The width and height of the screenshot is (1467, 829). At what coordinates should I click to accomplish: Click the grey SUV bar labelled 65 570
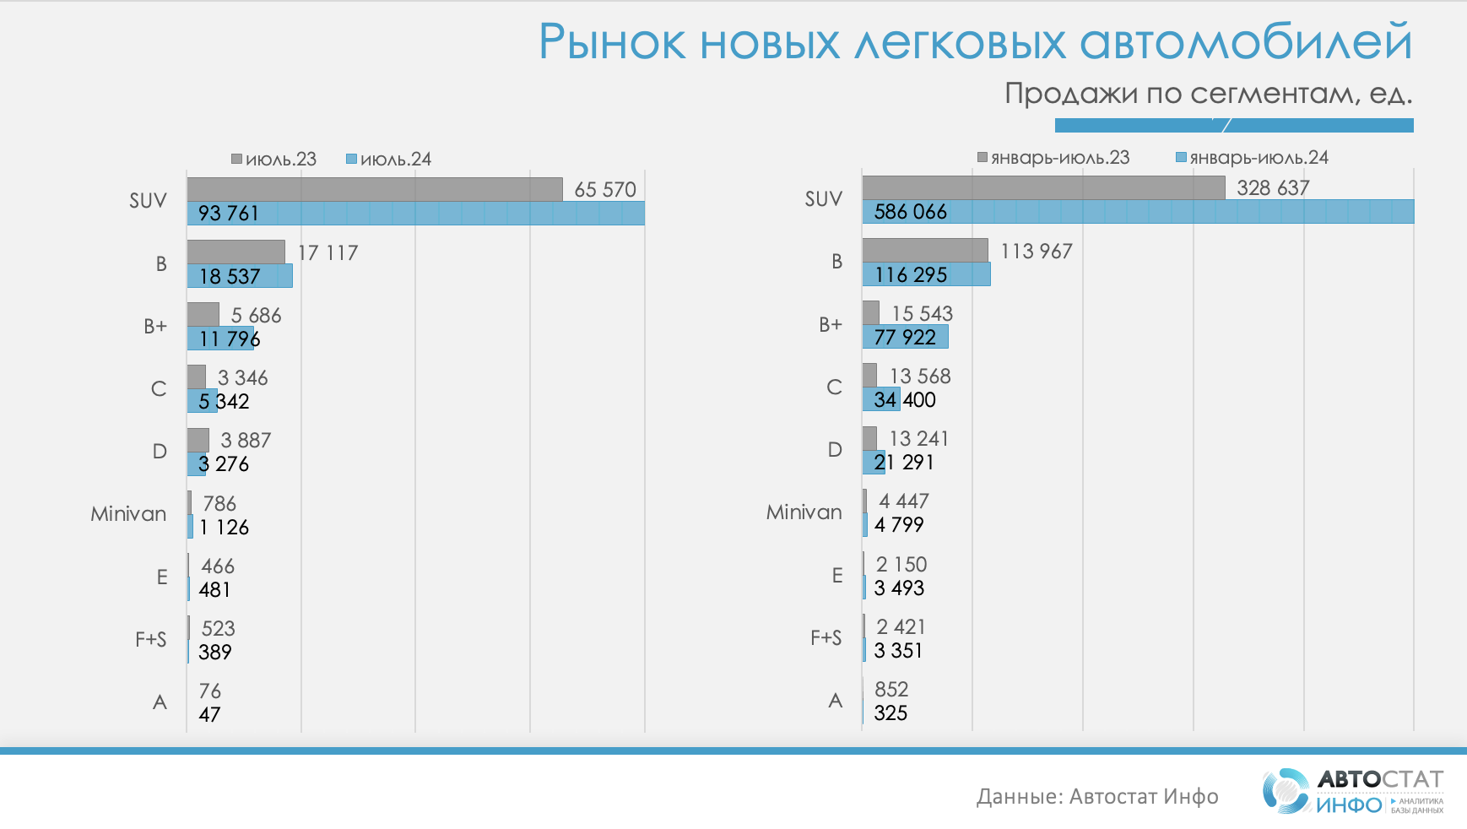[x=375, y=189]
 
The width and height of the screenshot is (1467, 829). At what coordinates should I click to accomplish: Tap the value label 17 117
[x=328, y=252]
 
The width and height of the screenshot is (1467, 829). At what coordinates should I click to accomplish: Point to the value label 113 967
[x=1036, y=251]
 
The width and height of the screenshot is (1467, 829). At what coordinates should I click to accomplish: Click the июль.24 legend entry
[x=389, y=159]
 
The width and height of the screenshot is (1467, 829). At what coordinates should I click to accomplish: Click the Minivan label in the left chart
[x=128, y=513]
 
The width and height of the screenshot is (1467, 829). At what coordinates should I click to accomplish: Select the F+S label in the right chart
[x=826, y=637]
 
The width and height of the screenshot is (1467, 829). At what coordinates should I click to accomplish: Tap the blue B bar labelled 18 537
[x=240, y=276]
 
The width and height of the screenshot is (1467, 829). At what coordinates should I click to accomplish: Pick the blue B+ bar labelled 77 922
[x=905, y=337]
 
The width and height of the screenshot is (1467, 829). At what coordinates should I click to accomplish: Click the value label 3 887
[x=246, y=440]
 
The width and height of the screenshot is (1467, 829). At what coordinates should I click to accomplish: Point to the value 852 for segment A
[x=891, y=689]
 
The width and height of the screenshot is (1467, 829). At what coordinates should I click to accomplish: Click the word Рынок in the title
[x=612, y=42]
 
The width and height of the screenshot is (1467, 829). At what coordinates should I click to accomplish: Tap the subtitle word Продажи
[x=1070, y=93]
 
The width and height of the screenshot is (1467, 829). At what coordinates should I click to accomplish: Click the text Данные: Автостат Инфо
[x=1097, y=796]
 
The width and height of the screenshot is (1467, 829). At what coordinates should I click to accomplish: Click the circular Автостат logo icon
[x=1286, y=791]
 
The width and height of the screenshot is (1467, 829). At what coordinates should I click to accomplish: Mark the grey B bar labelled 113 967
[x=925, y=251]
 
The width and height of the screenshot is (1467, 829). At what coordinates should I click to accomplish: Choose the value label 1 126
[x=224, y=527]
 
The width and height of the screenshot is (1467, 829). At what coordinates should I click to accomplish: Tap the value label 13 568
[x=920, y=376]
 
